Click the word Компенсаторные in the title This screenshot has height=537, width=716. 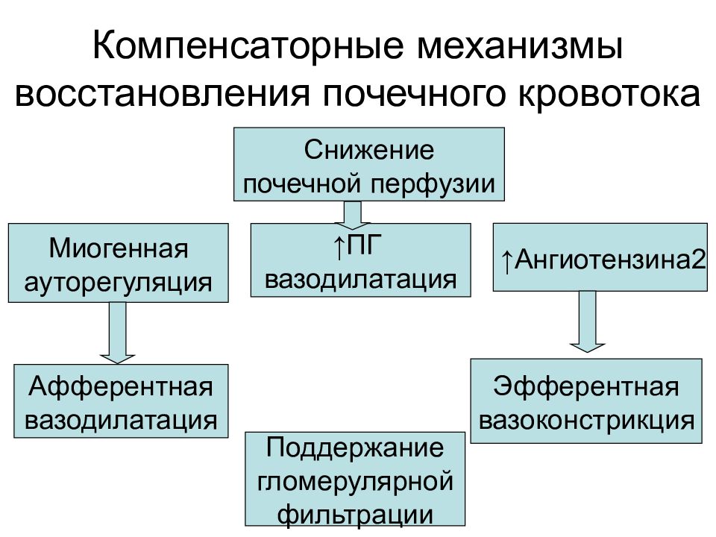(x=248, y=46)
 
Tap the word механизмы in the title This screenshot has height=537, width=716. (x=520, y=46)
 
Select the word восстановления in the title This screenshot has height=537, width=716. (x=162, y=94)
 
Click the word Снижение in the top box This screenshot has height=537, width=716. (x=369, y=150)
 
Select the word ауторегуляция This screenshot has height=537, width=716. (x=118, y=283)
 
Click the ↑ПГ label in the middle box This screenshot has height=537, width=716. (x=357, y=246)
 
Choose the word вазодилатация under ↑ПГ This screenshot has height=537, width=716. (x=360, y=280)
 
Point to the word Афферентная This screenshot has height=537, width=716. (x=121, y=387)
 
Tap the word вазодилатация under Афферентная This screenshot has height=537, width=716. (x=121, y=420)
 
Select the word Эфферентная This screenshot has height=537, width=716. (x=586, y=387)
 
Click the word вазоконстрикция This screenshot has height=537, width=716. (x=586, y=421)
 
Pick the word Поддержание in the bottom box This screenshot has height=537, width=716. (x=355, y=448)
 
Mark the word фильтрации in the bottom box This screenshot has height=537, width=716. (x=355, y=515)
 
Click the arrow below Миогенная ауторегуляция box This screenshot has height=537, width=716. (x=117, y=333)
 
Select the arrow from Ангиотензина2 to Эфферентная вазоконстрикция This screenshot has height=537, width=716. (x=587, y=321)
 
